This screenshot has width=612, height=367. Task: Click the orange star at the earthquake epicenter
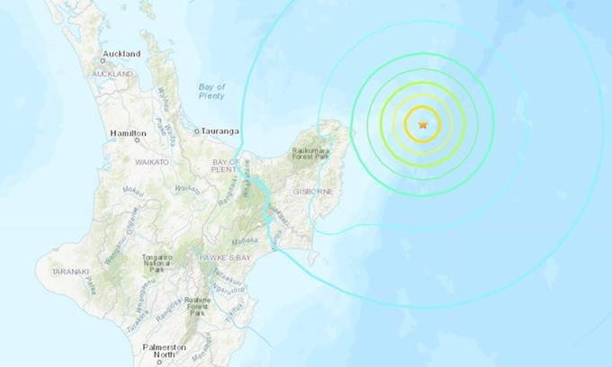tap(422, 124)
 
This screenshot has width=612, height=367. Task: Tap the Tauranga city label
tap(220, 131)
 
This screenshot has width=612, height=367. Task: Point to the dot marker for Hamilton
tap(137, 139)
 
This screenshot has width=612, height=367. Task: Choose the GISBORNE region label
tap(310, 192)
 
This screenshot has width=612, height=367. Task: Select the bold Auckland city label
tap(121, 54)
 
